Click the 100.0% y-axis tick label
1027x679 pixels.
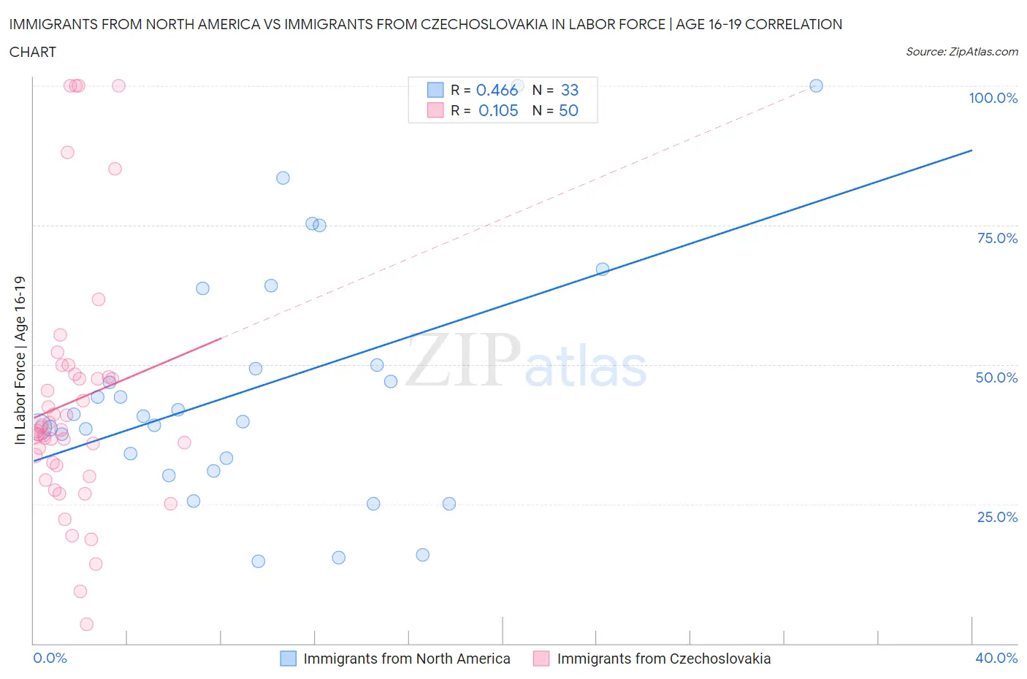(x=993, y=99)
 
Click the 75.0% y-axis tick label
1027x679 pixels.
(x=997, y=238)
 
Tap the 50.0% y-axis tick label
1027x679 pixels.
(x=996, y=377)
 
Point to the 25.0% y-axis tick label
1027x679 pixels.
(x=997, y=517)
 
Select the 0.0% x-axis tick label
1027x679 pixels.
(x=50, y=658)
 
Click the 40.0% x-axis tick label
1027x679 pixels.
(x=996, y=658)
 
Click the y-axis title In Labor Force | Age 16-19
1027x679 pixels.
(x=20, y=360)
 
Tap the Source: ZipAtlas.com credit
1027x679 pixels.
(x=961, y=52)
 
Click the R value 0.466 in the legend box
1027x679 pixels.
(x=497, y=90)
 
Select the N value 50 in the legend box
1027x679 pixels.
(x=568, y=110)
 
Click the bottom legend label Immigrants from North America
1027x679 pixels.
(x=406, y=659)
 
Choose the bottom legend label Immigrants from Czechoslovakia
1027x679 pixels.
(x=663, y=659)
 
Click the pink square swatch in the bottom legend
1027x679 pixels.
(x=541, y=659)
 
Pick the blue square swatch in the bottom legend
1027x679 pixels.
(x=289, y=659)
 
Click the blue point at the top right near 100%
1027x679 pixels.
(x=816, y=85)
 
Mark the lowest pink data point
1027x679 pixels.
(x=86, y=624)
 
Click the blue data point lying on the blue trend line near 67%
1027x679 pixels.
(x=603, y=269)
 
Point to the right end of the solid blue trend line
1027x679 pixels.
(x=971, y=150)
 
